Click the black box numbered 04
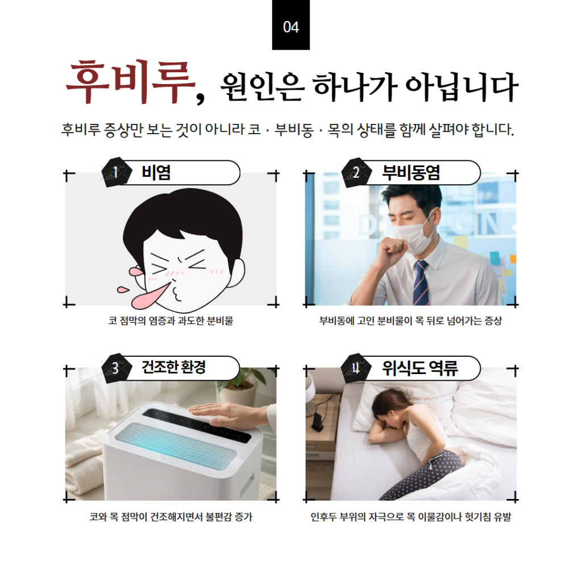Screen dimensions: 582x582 tap(290, 25)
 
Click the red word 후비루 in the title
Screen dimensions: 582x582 tap(131, 81)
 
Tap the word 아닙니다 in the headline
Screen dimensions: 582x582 tap(462, 87)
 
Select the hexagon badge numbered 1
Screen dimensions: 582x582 tap(116, 172)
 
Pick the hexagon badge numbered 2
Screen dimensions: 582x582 tap(356, 172)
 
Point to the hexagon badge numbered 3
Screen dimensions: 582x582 tap(116, 368)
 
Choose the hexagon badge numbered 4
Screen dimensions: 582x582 tap(356, 368)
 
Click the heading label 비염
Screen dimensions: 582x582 tap(156, 173)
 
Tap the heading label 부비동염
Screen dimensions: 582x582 tap(411, 173)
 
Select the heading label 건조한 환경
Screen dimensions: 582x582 tap(174, 368)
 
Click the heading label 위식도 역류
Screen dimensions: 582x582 tap(420, 368)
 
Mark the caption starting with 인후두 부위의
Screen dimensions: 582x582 tap(410, 517)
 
